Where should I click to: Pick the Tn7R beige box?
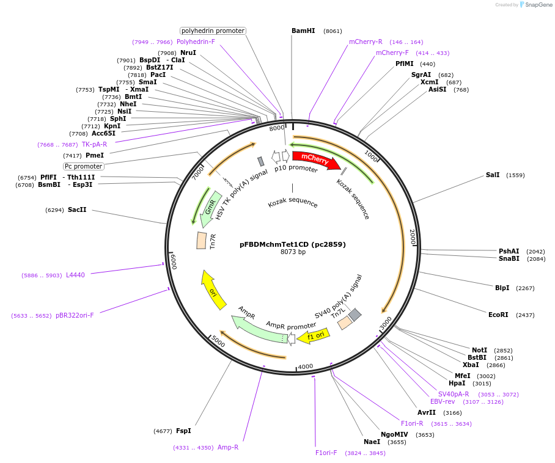click(x=201, y=240)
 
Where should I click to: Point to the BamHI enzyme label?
click(x=303, y=31)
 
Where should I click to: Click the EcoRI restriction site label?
click(x=498, y=315)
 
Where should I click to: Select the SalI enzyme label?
click(x=493, y=175)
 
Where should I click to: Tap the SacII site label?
click(x=77, y=210)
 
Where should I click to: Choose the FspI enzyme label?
click(x=183, y=431)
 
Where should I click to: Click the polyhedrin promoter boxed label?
click(x=213, y=31)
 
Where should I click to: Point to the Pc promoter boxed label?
click(x=84, y=166)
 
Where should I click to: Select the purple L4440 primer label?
click(x=75, y=275)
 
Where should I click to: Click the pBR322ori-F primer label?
click(x=75, y=315)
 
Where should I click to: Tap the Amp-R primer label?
click(x=228, y=447)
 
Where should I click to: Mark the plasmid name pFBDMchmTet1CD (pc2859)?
click(x=293, y=244)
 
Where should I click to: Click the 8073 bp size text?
click(x=293, y=252)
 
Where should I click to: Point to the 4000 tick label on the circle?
click(x=305, y=366)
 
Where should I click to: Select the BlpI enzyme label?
click(x=502, y=288)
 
